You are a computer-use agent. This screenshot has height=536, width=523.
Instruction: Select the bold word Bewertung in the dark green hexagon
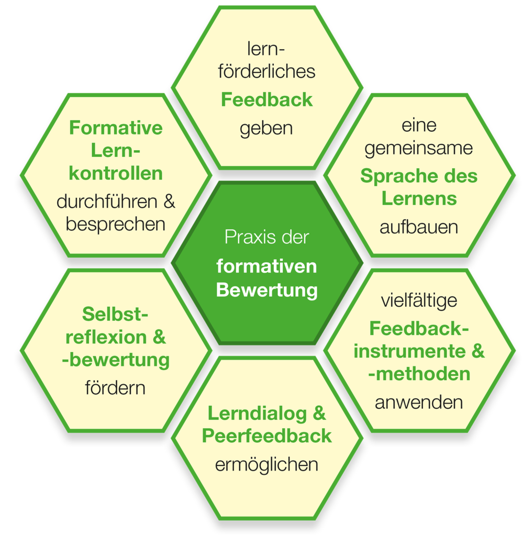coord(267,290)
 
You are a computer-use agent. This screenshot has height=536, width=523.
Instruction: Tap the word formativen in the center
coord(267,266)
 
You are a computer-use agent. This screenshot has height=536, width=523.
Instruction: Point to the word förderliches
coord(266,71)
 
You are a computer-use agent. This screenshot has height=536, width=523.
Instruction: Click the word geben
coord(266,129)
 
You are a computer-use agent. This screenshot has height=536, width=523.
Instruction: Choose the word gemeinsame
coord(419,149)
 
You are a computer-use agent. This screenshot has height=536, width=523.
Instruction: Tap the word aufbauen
coord(419,227)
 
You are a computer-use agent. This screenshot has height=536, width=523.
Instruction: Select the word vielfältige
coord(419,301)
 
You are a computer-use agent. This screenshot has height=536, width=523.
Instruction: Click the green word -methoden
coord(419,374)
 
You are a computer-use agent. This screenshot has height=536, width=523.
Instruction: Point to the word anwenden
coord(419,403)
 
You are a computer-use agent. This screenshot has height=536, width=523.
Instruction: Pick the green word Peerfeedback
coord(267,436)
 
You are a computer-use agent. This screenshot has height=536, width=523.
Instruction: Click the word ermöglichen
coord(266,465)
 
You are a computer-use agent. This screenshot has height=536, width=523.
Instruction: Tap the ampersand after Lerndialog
coord(319,413)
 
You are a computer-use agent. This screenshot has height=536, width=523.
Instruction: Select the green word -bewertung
coord(116,360)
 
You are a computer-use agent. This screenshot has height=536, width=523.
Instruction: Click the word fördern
coord(115,388)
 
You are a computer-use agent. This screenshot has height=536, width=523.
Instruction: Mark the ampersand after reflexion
coord(159,337)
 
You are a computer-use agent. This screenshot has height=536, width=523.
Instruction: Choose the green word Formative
coord(116,128)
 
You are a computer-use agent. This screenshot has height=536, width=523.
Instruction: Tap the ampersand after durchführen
coord(169,202)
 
